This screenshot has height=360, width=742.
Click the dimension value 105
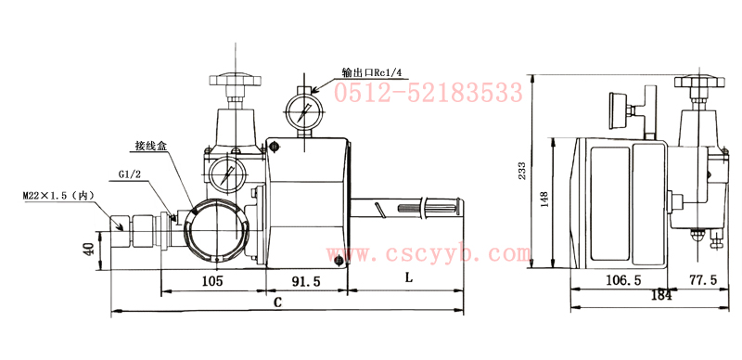click(x=212, y=281)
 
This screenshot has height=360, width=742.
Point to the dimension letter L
click(x=409, y=277)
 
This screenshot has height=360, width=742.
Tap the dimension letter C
click(x=278, y=302)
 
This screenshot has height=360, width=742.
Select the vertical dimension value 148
click(x=544, y=199)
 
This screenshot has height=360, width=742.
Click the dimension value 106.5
click(x=623, y=280)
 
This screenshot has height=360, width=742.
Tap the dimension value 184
click(x=661, y=295)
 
